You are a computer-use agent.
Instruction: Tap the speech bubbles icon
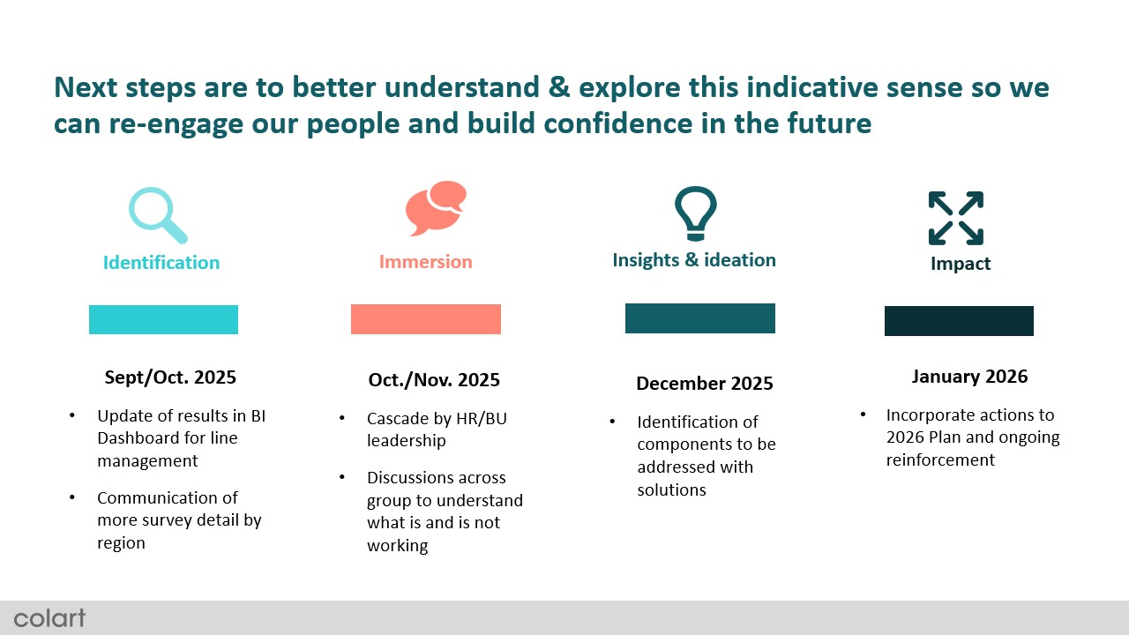436,208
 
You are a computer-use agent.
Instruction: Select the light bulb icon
696,213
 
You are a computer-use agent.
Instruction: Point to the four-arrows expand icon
955,218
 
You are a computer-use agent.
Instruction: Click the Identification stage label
161,263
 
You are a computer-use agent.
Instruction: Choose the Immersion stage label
426,262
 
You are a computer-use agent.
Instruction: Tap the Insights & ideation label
694,260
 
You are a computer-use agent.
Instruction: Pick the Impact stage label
961,264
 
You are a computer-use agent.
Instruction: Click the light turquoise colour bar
163,319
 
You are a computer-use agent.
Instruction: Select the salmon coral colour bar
426,319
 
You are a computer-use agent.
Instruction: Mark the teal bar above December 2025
700,318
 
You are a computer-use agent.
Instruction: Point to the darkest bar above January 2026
959,320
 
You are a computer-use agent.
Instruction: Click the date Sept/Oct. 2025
170,377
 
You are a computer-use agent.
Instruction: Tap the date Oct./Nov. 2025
434,380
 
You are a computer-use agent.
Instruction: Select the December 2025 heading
705,384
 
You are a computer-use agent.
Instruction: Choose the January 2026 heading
969,377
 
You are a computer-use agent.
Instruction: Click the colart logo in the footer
49,618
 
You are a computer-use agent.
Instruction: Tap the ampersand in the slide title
559,86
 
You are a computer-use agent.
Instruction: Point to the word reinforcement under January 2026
940,460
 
